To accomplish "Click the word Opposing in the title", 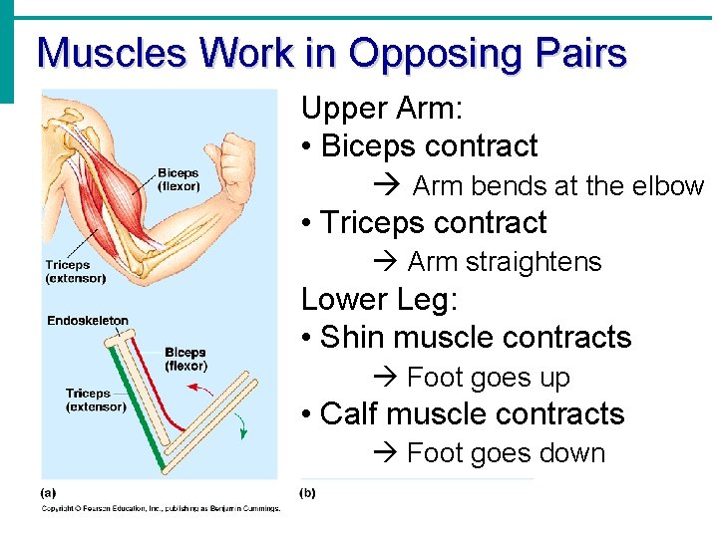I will click(421, 53).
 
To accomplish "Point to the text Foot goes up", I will click(489, 378).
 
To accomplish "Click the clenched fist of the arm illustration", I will click(240, 153).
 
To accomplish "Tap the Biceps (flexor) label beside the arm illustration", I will click(179, 180).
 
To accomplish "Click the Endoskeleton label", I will click(88, 321).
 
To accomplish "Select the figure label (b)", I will click(308, 492).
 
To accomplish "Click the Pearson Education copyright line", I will click(161, 509).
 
